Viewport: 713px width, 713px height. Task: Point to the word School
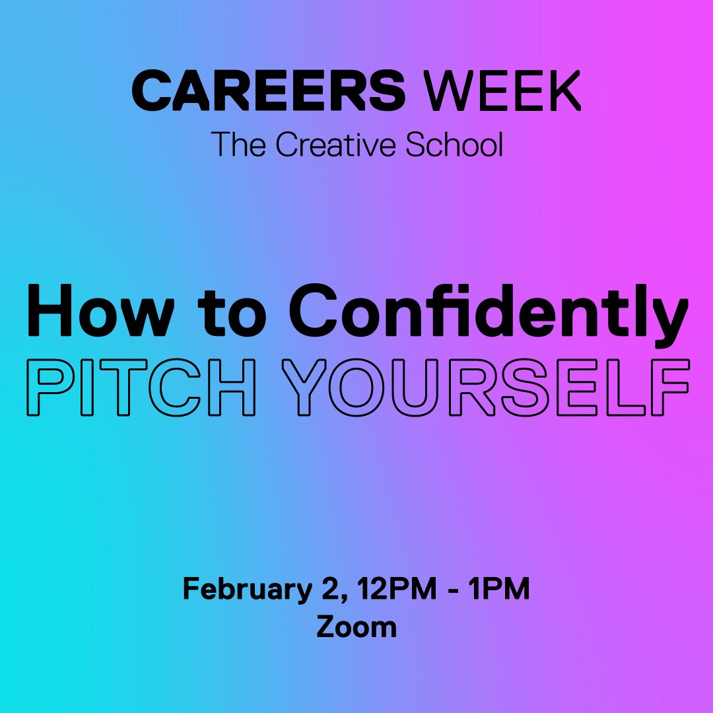[454, 145]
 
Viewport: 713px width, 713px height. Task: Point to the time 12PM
[396, 588]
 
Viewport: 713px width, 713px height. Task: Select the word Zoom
[356, 627]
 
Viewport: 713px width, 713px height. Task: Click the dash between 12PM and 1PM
[452, 590]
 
